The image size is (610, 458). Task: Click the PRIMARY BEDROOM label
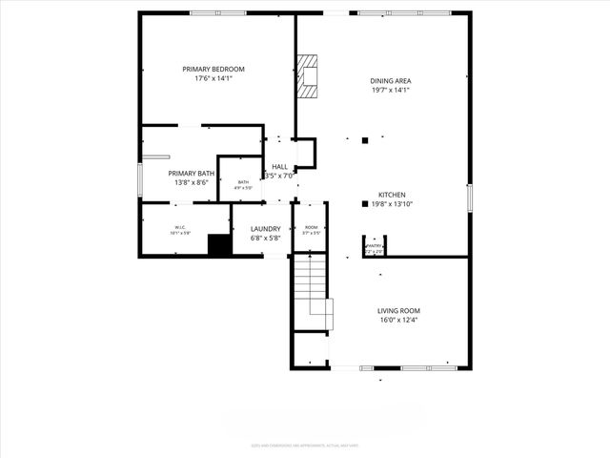point(213,69)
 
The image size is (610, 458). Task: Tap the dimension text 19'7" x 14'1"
point(389,91)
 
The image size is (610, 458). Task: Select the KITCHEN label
point(392,194)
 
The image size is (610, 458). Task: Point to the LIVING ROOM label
point(398,310)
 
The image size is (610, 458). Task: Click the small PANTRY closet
point(374,247)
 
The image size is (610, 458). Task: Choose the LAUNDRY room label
point(265,229)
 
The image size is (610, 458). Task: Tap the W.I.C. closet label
point(180,227)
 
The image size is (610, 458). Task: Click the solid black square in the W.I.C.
point(220,244)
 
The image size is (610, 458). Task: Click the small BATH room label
point(243,183)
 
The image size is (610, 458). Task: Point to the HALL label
point(280,166)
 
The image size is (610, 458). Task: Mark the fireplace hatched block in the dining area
point(307,76)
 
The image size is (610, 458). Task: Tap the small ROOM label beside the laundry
point(311,228)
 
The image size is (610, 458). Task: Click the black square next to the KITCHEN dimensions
point(364,203)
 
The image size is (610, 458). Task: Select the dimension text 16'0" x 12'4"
point(398,320)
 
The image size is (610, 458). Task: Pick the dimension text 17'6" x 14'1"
point(213,78)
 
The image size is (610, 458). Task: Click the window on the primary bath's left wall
point(140,180)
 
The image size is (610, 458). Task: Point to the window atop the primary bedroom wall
point(211,12)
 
